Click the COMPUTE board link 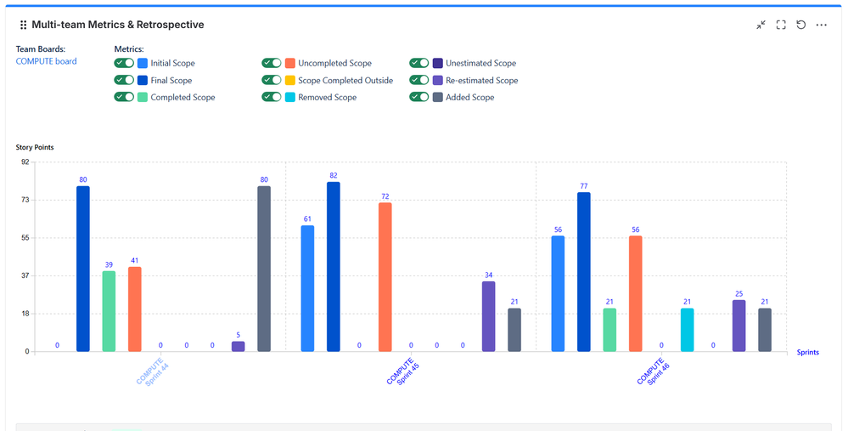click(x=46, y=61)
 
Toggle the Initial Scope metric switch click(x=124, y=63)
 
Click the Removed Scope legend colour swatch click(x=290, y=97)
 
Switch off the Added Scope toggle click(x=419, y=97)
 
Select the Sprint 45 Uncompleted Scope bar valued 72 click(x=385, y=277)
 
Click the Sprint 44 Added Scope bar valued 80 click(x=264, y=269)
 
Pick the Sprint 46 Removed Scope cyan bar click(x=687, y=330)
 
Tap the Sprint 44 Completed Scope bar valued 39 click(x=109, y=311)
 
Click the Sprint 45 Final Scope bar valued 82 click(x=334, y=267)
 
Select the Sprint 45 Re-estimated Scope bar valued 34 click(x=488, y=316)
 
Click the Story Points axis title click(x=35, y=147)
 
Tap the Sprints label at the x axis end click(x=807, y=352)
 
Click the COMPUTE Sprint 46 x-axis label click(x=652, y=371)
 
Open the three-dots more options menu click(x=822, y=26)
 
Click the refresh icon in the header click(x=800, y=26)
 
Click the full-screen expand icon click(x=781, y=26)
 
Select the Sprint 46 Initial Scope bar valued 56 click(x=558, y=293)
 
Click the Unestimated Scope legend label click(x=480, y=63)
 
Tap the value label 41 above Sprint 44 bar click(x=134, y=260)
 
